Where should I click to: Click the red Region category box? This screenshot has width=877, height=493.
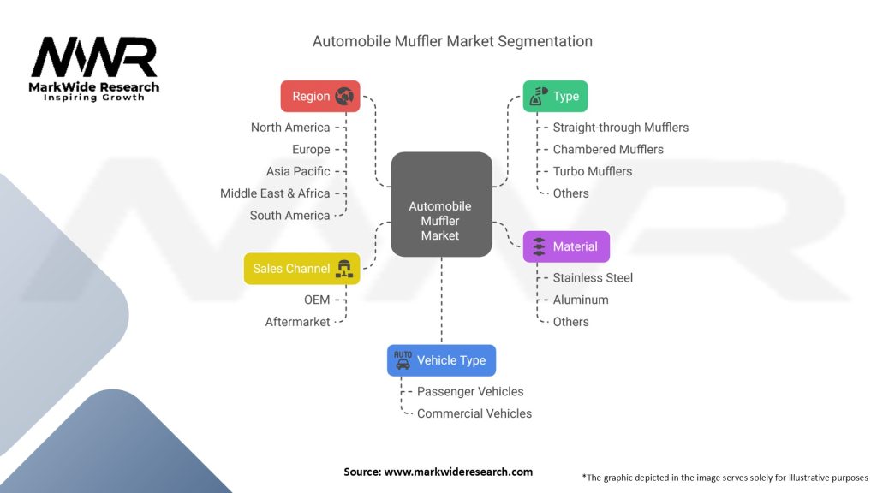click(320, 96)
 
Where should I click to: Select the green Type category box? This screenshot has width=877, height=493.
click(555, 96)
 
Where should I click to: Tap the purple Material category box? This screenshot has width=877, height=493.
click(566, 246)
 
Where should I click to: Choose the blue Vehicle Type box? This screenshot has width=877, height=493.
click(441, 360)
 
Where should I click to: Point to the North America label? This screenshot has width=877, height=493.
click(290, 128)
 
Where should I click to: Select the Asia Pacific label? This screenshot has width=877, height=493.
click(298, 171)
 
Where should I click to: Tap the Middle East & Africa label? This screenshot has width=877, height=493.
click(275, 193)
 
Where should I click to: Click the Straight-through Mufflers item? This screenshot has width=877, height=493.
click(620, 128)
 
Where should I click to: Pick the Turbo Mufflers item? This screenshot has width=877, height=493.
click(593, 171)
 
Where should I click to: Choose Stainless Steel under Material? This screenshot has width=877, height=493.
click(593, 278)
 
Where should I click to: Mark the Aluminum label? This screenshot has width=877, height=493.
click(581, 300)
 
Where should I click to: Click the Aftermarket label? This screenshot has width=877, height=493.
click(297, 322)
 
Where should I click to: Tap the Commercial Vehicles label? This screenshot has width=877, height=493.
click(474, 413)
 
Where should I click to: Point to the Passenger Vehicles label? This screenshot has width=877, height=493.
click(470, 391)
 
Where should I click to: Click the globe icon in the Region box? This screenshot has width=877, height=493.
click(345, 96)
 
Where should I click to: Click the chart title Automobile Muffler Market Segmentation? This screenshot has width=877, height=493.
click(452, 41)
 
